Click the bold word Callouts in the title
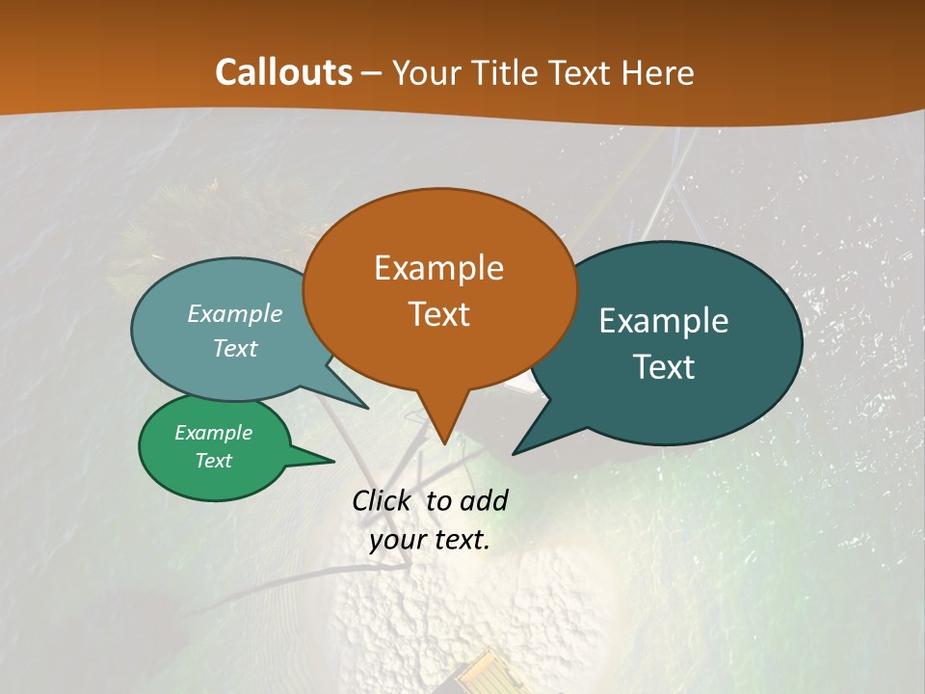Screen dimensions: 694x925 tap(283, 72)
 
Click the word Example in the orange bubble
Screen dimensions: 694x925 tap(438, 268)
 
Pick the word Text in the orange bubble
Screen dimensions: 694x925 tap(438, 314)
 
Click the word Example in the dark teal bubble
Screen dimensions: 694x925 tap(664, 321)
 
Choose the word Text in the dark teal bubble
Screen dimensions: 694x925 tap(664, 367)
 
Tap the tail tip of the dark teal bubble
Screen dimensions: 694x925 tap(514, 453)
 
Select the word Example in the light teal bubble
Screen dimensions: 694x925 tap(235, 314)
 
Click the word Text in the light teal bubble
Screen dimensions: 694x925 tap(235, 349)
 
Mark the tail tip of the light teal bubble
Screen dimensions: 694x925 tap(367, 408)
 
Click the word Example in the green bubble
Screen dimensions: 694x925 tap(213, 433)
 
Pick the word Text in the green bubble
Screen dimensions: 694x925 tap(213, 461)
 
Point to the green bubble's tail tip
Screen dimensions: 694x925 tap(333, 461)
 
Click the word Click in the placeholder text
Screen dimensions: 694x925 tap(383, 500)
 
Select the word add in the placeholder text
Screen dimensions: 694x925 tap(484, 500)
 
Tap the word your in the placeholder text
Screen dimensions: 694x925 tap(397, 540)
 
